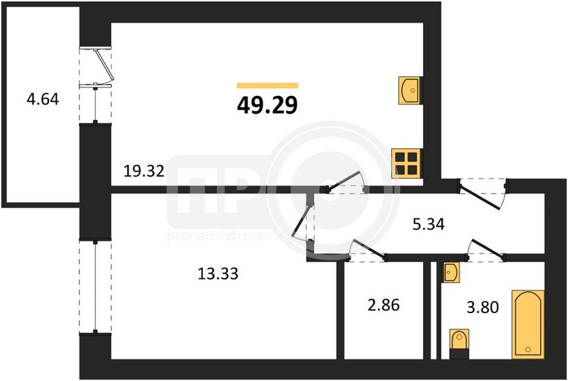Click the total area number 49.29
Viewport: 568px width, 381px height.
point(267,105)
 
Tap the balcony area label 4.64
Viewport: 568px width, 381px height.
point(43,99)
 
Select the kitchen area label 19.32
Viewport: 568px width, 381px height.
point(144,171)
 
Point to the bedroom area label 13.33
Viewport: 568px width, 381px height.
point(218,274)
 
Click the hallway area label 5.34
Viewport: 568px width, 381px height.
point(429,225)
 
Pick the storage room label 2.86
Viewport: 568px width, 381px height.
point(384,305)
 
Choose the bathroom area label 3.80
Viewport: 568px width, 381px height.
point(483,307)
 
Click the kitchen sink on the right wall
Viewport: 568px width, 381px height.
point(410,90)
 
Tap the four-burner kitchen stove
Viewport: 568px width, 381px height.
point(407,163)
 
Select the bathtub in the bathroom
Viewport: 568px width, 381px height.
point(528,324)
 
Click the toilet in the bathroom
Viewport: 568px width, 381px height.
point(459,344)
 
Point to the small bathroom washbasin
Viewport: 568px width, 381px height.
point(452,272)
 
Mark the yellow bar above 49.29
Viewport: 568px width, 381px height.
point(267,86)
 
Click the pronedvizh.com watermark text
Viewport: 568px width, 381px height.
point(219,236)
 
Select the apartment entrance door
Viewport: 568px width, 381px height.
point(483,194)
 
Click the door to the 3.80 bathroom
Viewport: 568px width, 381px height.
point(486,250)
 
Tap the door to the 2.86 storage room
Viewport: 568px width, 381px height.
point(366,250)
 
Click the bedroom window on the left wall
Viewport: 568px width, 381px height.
point(95,287)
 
